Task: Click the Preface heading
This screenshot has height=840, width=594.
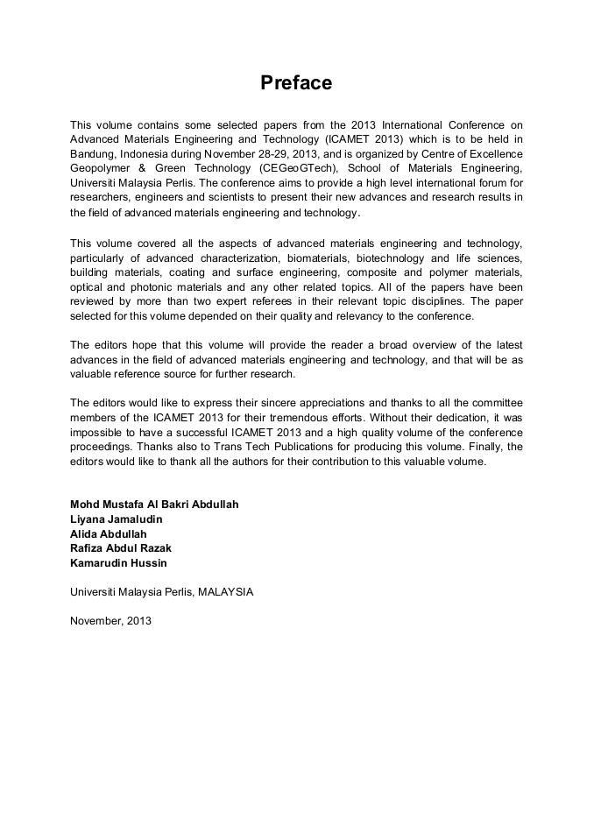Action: (296, 83)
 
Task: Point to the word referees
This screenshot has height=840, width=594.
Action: (275, 302)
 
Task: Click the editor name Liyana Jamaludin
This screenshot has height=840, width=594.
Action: (117, 519)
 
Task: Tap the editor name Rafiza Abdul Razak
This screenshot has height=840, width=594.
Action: (121, 548)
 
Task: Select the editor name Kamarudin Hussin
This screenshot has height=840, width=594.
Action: (118, 562)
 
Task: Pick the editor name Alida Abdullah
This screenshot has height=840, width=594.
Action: (109, 533)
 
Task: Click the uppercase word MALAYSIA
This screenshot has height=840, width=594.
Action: (225, 592)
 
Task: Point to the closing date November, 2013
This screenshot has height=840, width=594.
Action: (110, 621)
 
